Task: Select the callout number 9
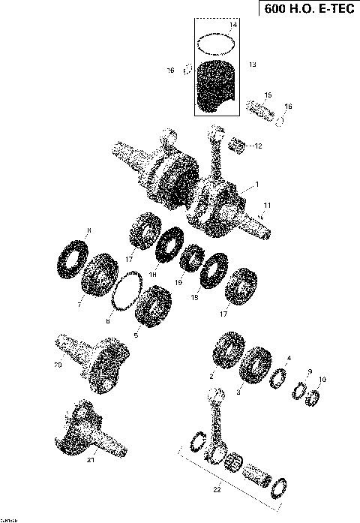coord(309,373)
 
